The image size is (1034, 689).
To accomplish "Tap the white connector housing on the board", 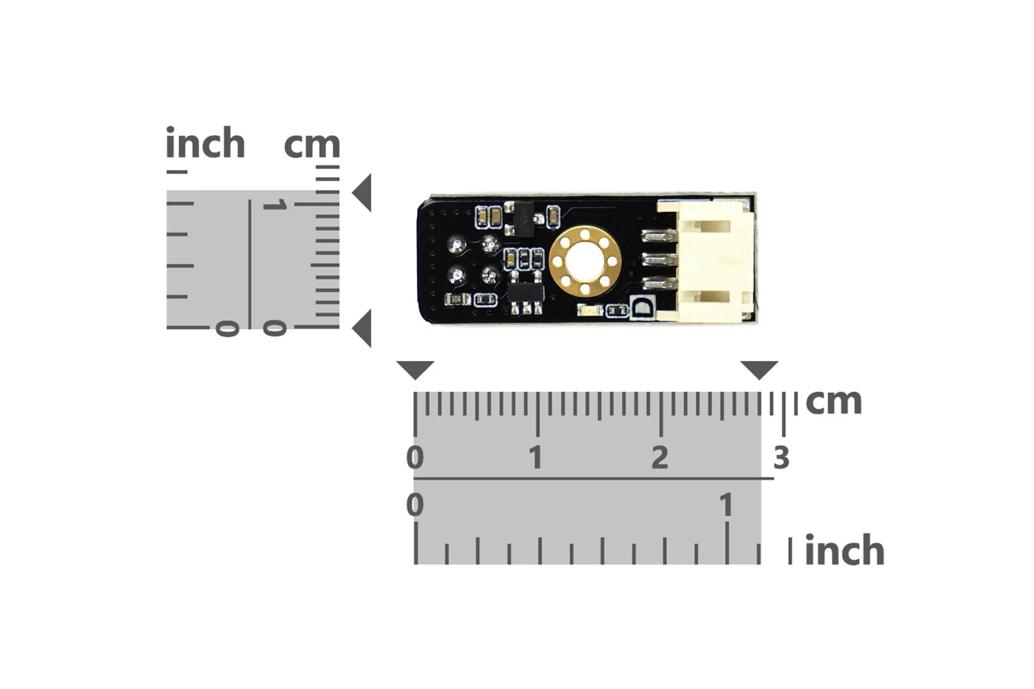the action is coord(707,260).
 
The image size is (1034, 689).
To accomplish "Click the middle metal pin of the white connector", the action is coord(660,259).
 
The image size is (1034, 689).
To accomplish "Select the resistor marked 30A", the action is coord(457,299).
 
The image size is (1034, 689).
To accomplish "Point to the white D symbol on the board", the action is coord(642,307).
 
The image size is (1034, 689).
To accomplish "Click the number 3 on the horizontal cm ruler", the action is coord(781,458).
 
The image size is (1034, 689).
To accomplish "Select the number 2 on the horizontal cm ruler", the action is coord(660,458).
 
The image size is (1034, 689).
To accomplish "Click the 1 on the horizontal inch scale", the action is coord(726,504).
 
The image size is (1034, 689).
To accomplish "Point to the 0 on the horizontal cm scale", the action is coord(415,458).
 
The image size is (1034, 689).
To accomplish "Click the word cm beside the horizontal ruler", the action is coord(834,401).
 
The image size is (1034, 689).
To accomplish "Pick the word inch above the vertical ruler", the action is coord(205,142).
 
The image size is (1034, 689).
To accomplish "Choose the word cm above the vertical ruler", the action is coord(312,144).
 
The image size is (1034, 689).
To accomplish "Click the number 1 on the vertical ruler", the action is coord(276,205).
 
